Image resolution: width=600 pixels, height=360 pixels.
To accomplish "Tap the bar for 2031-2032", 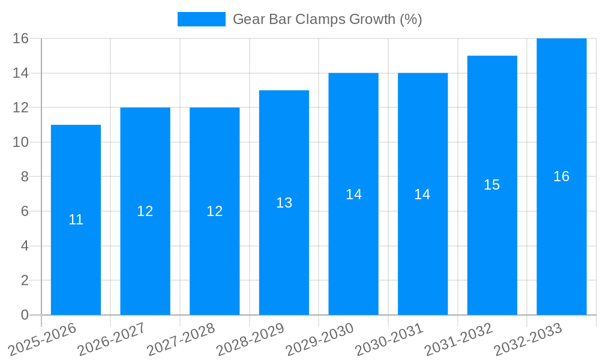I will (x=492, y=252).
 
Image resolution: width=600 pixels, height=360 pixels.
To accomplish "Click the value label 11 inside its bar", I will (x=76, y=220).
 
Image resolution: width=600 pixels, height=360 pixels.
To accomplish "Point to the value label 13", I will (x=284, y=203).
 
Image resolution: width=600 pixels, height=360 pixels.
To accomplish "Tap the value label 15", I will (x=492, y=185).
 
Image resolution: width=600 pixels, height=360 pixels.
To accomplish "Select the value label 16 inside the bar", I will (x=561, y=176).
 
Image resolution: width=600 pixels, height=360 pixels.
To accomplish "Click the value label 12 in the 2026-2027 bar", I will (x=145, y=211).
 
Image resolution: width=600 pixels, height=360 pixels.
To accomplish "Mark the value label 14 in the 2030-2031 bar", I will (x=422, y=194).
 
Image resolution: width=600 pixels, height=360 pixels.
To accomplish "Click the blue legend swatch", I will (x=202, y=19).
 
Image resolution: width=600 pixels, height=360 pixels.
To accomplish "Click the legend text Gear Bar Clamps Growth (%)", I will (x=327, y=19).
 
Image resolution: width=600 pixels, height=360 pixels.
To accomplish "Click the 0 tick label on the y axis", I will (x=25, y=315).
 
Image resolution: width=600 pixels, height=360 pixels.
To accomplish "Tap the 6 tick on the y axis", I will (x=25, y=211).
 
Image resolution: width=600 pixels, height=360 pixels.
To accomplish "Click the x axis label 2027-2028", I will (x=181, y=340).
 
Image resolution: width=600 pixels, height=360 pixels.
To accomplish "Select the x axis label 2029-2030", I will (x=320, y=340).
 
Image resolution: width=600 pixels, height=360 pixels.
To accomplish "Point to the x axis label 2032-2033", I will (x=528, y=340).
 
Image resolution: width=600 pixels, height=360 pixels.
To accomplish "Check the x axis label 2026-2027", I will (x=112, y=340).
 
